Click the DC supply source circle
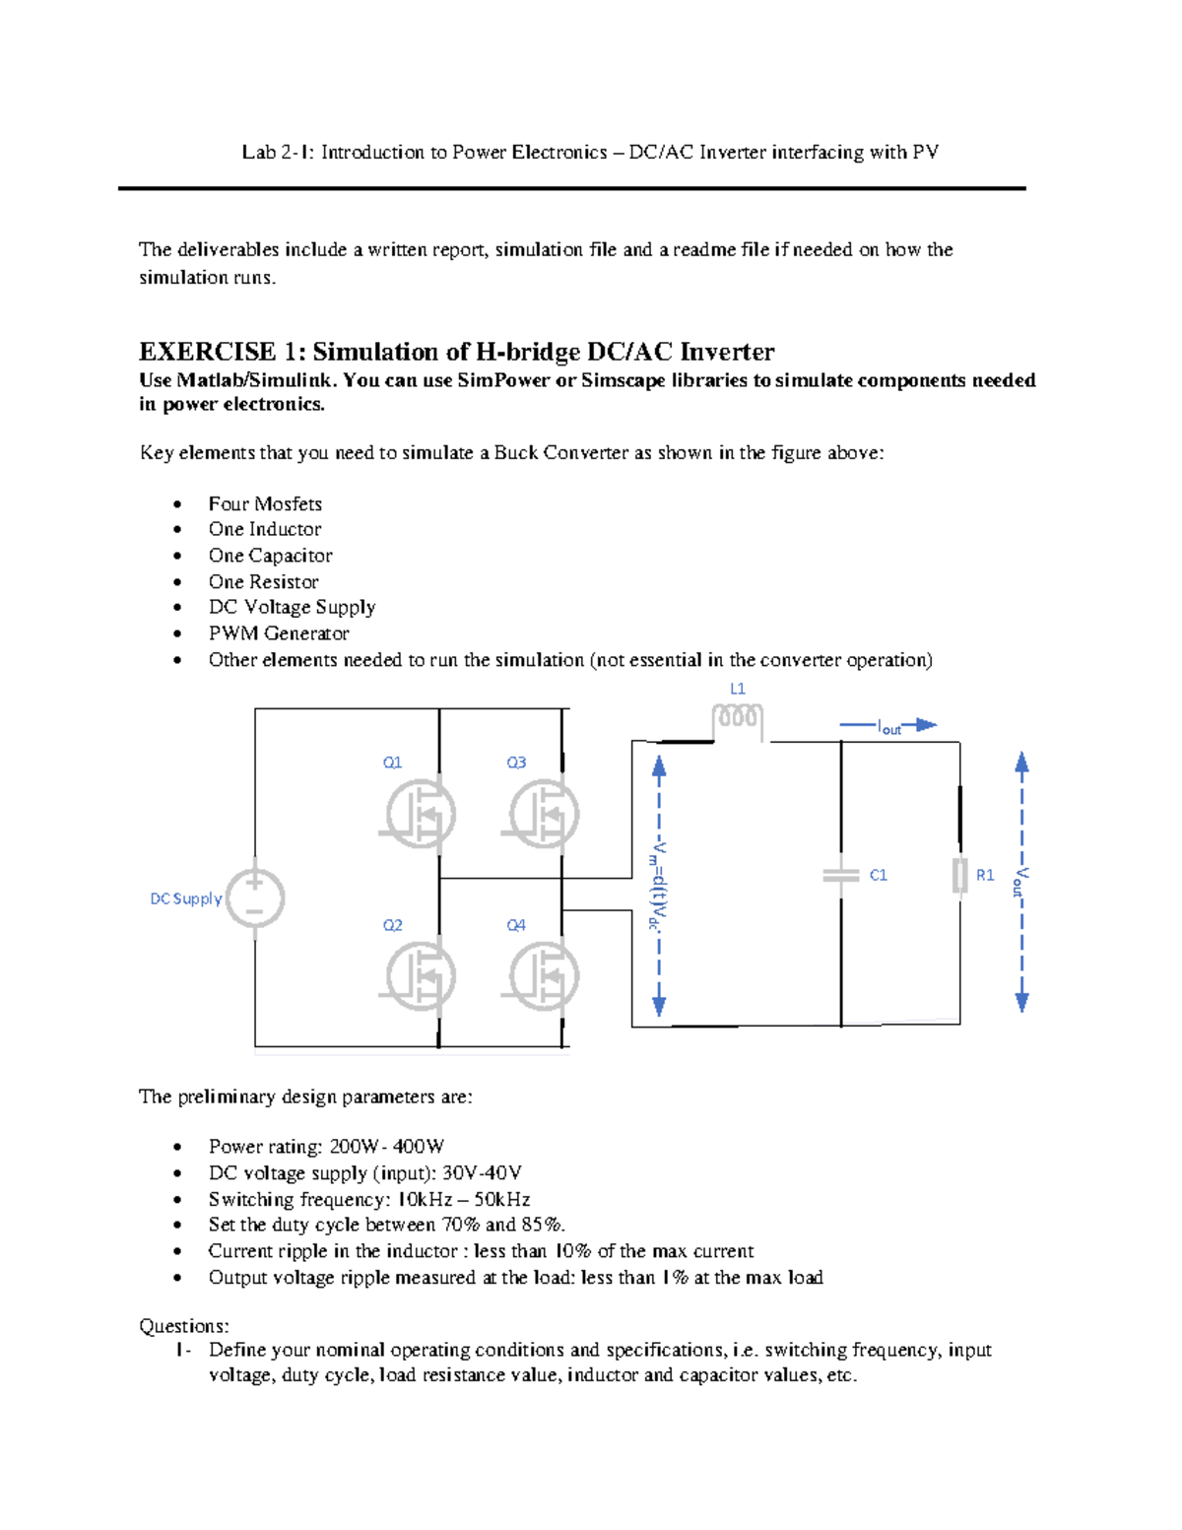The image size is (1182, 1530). pyautogui.click(x=255, y=898)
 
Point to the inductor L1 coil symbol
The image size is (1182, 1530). pyautogui.click(x=738, y=720)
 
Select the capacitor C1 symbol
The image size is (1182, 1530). pyautogui.click(x=841, y=875)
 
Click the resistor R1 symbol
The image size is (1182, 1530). pyautogui.click(x=960, y=875)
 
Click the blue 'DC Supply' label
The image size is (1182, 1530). pyautogui.click(x=185, y=898)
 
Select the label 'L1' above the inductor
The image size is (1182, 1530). pyautogui.click(x=738, y=689)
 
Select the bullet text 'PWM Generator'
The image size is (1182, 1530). pyautogui.click(x=279, y=633)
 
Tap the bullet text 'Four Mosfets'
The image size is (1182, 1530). pyautogui.click(x=265, y=503)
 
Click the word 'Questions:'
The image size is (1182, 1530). pyautogui.click(x=184, y=1325)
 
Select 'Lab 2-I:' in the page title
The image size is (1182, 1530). pyautogui.click(x=279, y=152)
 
